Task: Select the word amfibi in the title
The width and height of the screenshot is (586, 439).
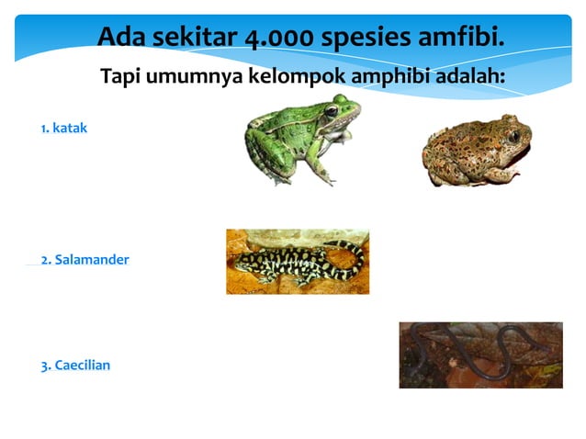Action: [x=461, y=38]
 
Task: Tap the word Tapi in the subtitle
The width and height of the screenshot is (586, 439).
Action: [x=122, y=76]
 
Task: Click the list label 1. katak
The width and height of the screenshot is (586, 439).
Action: [x=64, y=128]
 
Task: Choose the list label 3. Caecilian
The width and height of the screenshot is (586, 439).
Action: [x=75, y=366]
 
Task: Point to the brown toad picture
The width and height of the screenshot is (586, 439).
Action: [x=473, y=149]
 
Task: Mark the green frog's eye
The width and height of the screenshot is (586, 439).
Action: [x=331, y=111]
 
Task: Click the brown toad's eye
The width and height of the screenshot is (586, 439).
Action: [x=513, y=137]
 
